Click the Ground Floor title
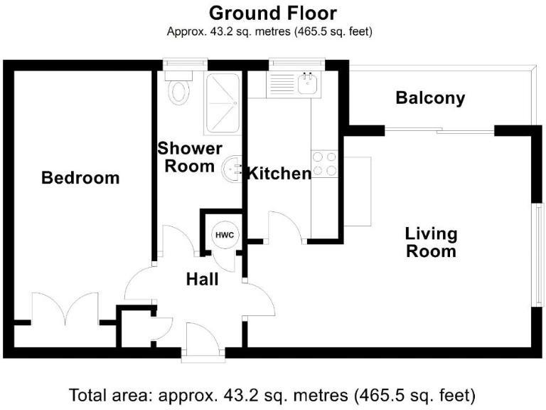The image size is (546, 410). pyautogui.click(x=272, y=13)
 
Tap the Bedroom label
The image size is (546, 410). pyautogui.click(x=80, y=178)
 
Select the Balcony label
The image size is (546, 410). pyautogui.click(x=430, y=98)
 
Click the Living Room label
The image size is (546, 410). pyautogui.click(x=431, y=242)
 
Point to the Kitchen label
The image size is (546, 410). pyautogui.click(x=278, y=173)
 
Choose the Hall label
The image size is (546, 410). pyautogui.click(x=202, y=280)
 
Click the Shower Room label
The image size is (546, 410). pyautogui.click(x=189, y=157)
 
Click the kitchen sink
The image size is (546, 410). pyautogui.click(x=307, y=85)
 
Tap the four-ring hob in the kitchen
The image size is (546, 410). pyautogui.click(x=325, y=164)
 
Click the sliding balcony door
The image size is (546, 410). pyautogui.click(x=439, y=131)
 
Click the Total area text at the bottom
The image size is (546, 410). pyautogui.click(x=272, y=394)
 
